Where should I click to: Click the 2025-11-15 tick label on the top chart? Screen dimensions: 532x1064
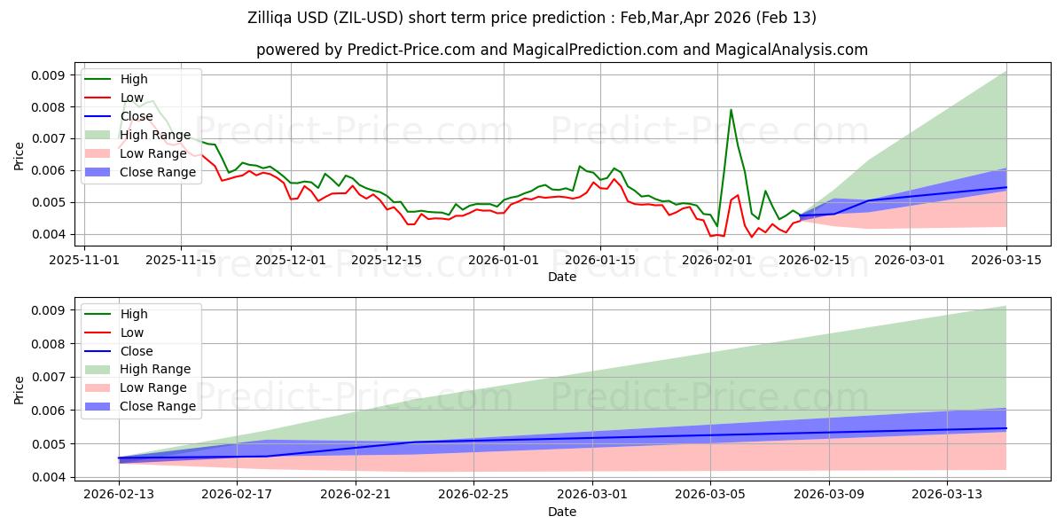pos(181,260)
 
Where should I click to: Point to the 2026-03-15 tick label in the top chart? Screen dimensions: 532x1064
pos(1006,260)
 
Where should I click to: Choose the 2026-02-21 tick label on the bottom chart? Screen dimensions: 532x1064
pos(356,494)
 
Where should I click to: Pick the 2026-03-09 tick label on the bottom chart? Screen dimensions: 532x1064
pos(829,494)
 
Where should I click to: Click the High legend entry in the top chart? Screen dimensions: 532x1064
pos(134,80)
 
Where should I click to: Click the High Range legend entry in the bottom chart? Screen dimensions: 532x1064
pos(155,369)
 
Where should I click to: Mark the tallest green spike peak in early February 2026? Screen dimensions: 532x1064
pos(731,110)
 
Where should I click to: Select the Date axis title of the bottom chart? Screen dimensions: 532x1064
pos(562,512)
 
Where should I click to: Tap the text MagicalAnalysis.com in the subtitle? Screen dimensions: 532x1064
pos(794,50)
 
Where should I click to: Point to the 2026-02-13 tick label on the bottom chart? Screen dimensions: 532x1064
pos(119,494)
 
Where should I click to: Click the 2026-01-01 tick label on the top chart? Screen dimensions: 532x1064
pos(504,260)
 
